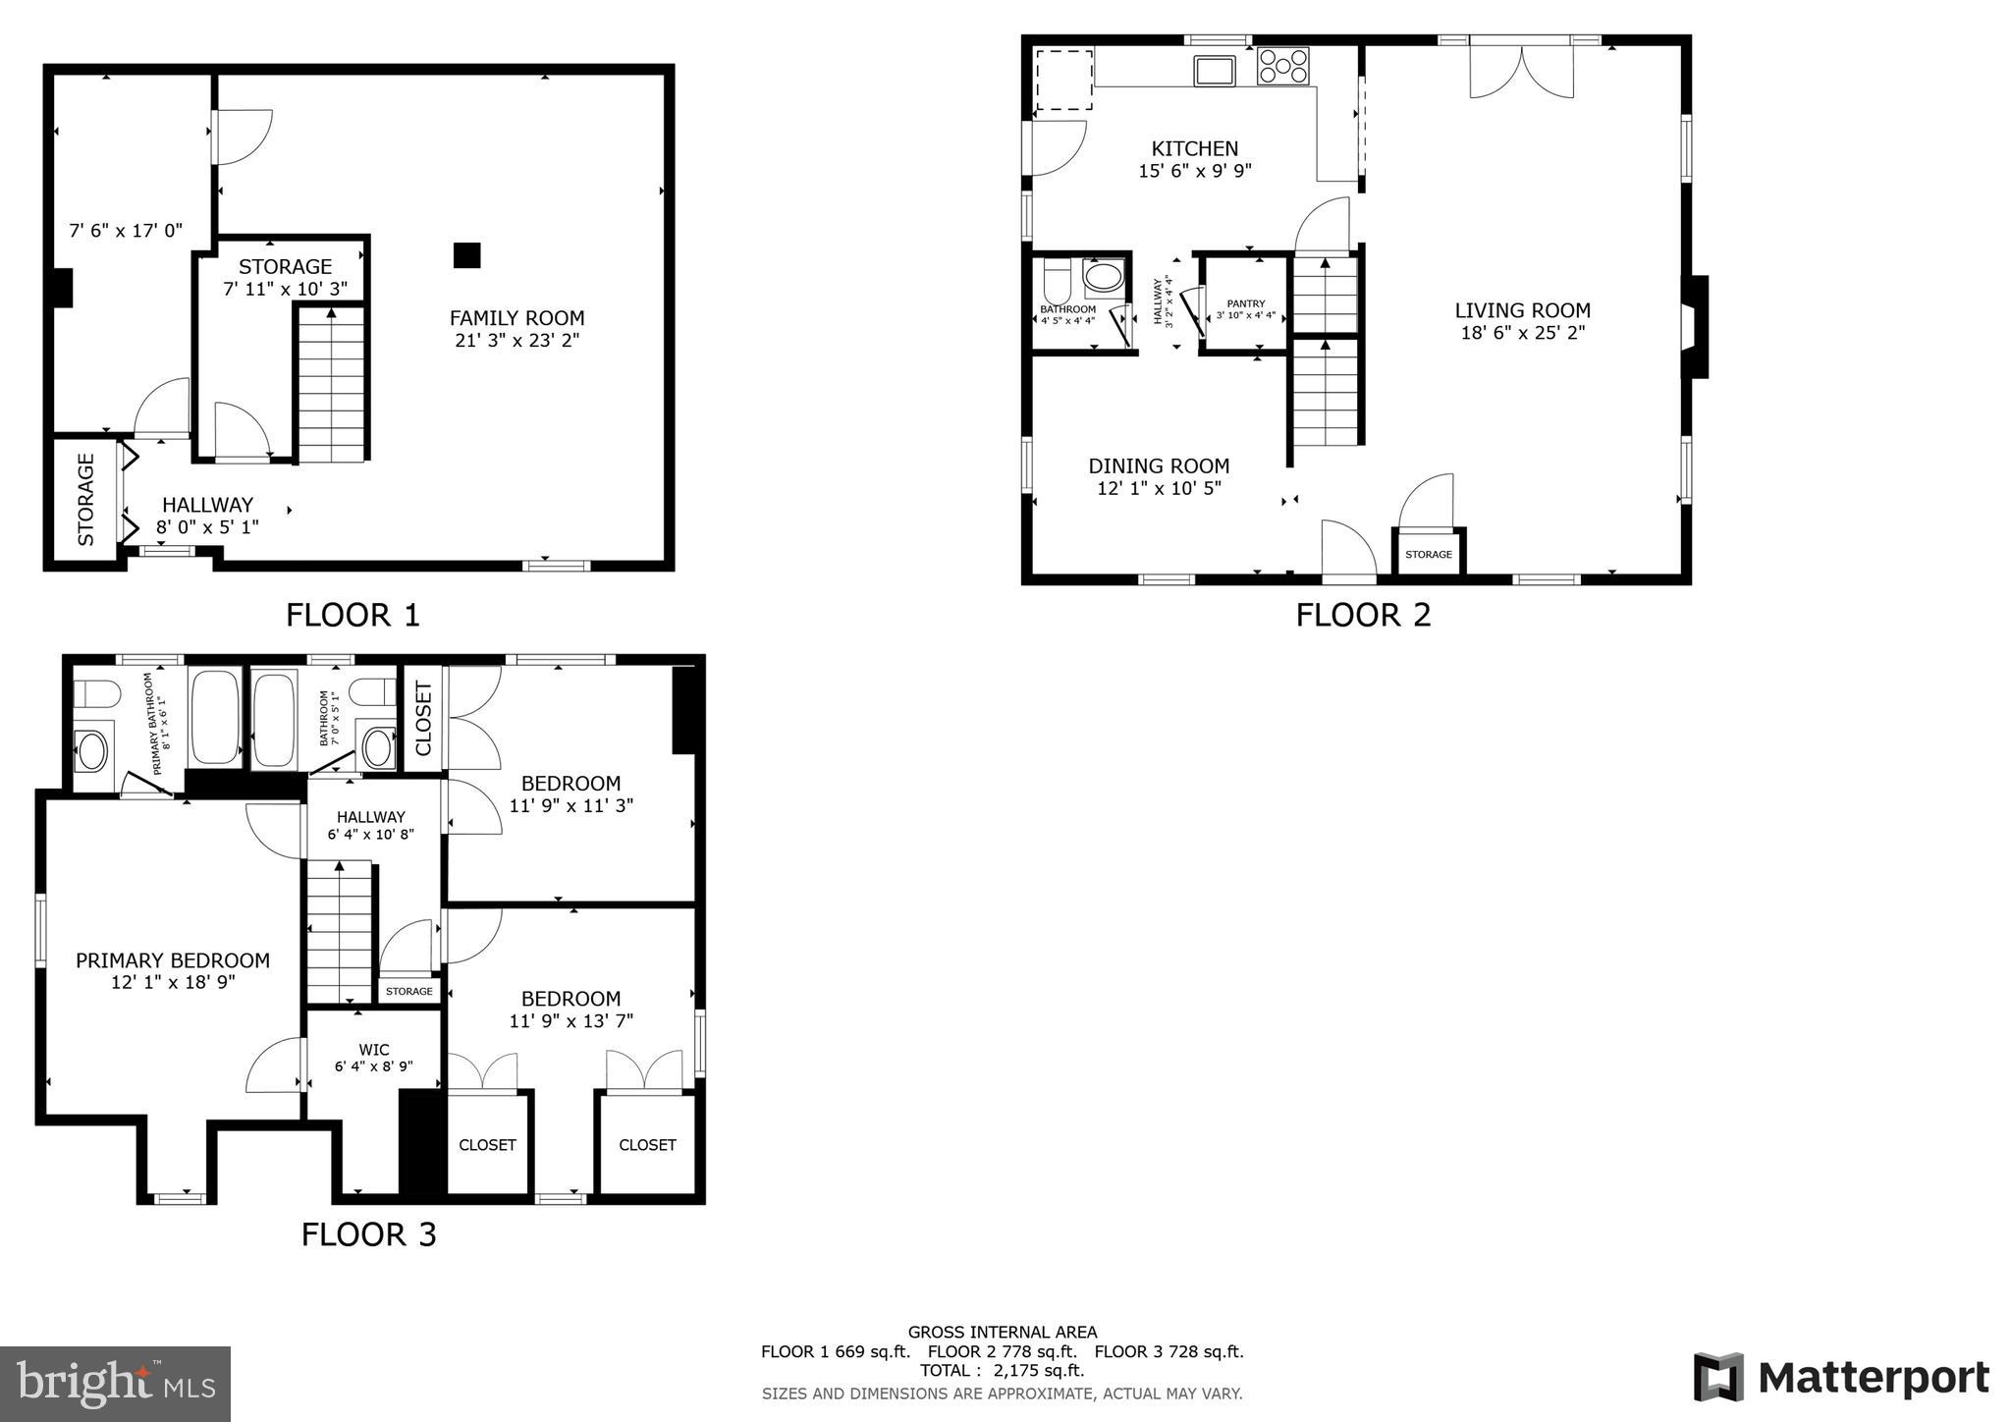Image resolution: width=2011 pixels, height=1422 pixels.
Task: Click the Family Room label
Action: pyautogui.click(x=516, y=318)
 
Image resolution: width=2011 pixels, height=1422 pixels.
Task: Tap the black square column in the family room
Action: pyautogui.click(x=466, y=255)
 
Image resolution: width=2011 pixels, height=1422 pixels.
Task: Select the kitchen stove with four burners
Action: pyautogui.click(x=1282, y=66)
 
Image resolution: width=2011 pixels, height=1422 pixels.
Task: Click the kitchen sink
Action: pyautogui.click(x=1215, y=71)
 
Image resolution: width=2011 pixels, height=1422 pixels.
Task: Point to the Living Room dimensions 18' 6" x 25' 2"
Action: pyautogui.click(x=1522, y=333)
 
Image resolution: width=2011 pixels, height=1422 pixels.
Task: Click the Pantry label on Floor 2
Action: pyautogui.click(x=1245, y=303)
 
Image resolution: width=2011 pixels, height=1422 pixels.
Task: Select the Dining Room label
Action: pyautogui.click(x=1159, y=465)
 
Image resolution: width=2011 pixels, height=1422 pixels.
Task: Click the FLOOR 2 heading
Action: pyautogui.click(x=1363, y=616)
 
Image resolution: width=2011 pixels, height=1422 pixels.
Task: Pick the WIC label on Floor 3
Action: pyautogui.click(x=374, y=1050)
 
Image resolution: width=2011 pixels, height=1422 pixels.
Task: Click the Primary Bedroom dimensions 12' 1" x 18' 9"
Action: pyautogui.click(x=173, y=982)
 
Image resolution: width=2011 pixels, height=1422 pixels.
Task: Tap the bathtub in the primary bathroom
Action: pyautogui.click(x=215, y=717)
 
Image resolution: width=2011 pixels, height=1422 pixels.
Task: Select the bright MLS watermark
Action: pyautogui.click(x=116, y=1384)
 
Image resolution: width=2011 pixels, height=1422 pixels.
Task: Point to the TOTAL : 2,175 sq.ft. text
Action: pyautogui.click(x=1002, y=1371)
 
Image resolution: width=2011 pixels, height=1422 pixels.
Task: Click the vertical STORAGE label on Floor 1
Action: pyautogui.click(x=86, y=499)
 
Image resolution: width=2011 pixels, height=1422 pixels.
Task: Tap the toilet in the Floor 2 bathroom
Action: pyautogui.click(x=1057, y=282)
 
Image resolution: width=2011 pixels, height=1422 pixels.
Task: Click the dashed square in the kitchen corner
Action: pyautogui.click(x=1064, y=80)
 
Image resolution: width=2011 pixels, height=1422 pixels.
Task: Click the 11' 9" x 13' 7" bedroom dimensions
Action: pyautogui.click(x=571, y=1021)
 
